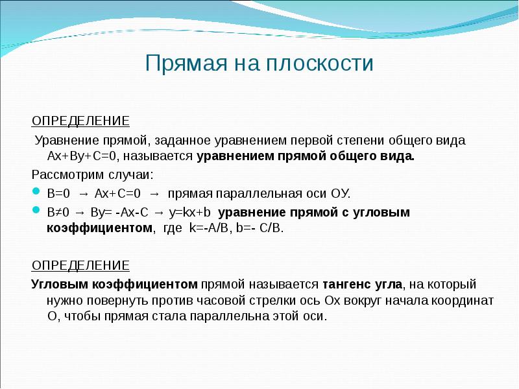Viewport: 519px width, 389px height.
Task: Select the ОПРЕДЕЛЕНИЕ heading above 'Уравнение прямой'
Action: [x=81, y=121]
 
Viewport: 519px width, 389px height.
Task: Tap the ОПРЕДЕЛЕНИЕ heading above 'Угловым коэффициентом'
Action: [x=81, y=266]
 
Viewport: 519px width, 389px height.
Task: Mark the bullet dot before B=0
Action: [x=36, y=193]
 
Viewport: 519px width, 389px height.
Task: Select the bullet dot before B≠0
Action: [x=36, y=212]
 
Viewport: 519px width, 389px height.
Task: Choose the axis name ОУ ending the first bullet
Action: [x=339, y=194]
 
